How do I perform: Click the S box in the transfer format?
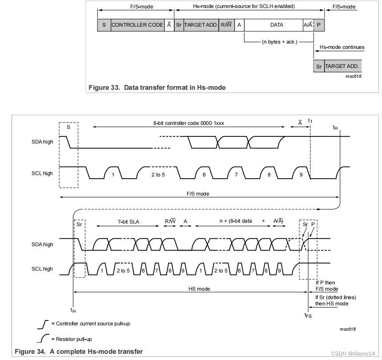tap(104, 25)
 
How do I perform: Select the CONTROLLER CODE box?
tap(137, 25)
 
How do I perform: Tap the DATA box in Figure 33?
tap(277, 25)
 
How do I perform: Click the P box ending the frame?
tap(319, 25)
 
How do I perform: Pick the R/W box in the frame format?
tap(227, 25)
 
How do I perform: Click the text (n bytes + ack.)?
tap(279, 42)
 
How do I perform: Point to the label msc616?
tap(353, 76)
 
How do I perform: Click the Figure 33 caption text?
tap(157, 88)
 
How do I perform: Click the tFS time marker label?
tap(308, 315)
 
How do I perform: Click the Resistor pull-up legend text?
tap(74, 339)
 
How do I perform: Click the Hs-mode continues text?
tap(342, 47)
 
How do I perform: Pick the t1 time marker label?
tap(310, 121)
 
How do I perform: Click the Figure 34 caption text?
tap(79, 352)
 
